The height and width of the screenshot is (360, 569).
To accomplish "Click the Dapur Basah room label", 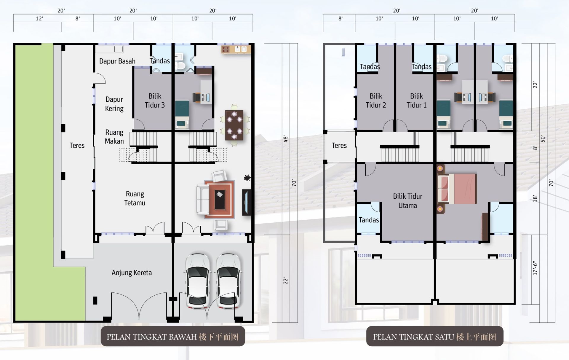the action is pyautogui.click(x=117, y=61).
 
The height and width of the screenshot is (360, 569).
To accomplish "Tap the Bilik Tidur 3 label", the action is pyautogui.click(x=155, y=101).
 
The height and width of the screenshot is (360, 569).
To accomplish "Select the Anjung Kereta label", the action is pyautogui.click(x=132, y=273).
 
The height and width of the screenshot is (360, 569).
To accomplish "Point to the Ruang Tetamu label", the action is pyautogui.click(x=135, y=198).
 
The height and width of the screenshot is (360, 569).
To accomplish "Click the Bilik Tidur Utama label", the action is pyautogui.click(x=407, y=201).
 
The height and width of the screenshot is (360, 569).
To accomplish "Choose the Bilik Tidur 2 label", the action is pyautogui.click(x=376, y=101).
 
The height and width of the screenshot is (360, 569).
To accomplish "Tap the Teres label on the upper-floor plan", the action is pyautogui.click(x=339, y=146).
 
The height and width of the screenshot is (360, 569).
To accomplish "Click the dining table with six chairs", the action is pyautogui.click(x=234, y=125).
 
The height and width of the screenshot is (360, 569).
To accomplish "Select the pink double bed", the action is pyautogui.click(x=457, y=189).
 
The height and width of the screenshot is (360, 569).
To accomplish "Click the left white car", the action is pyautogui.click(x=197, y=281).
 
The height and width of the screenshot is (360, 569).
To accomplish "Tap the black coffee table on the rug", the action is pyautogui.click(x=220, y=199).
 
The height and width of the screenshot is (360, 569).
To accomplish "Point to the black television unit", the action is pyautogui.click(x=247, y=202).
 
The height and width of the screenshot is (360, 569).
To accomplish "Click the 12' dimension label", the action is pyautogui.click(x=39, y=19).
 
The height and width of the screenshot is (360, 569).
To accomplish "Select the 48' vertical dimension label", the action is pyautogui.click(x=286, y=139).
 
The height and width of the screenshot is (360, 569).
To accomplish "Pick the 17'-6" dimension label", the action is pyautogui.click(x=535, y=268).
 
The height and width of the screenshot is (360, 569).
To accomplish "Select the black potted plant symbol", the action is pyautogui.click(x=247, y=178).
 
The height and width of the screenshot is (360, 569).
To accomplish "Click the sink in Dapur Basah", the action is pyautogui.click(x=119, y=49).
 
